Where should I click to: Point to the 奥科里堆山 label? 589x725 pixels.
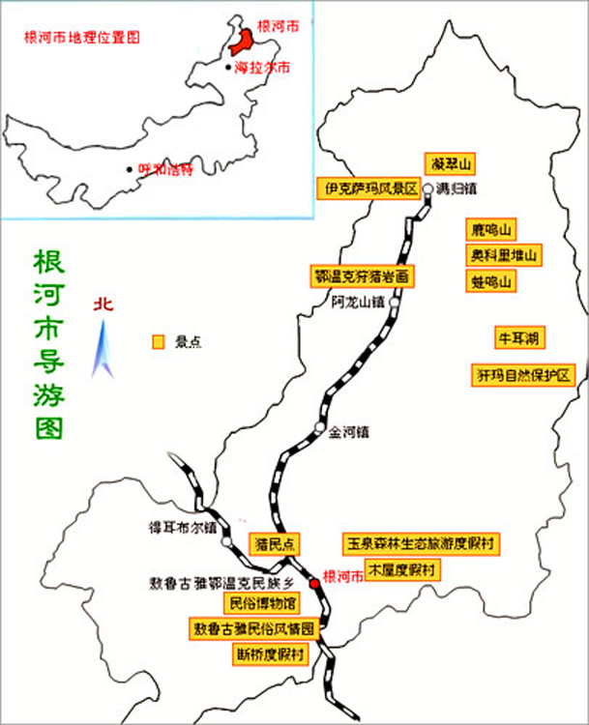tap(503, 255)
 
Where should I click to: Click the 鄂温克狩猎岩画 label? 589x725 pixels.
tap(363, 276)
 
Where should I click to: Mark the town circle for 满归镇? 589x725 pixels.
tap(427, 189)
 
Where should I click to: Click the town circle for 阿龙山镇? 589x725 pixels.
tap(394, 301)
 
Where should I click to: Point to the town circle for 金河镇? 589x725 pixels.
tap(320, 428)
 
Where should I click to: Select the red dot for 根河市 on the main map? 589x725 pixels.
tap(313, 584)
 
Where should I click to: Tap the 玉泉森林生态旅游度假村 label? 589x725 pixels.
tap(422, 543)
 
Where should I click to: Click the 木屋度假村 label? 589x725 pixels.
tap(401, 569)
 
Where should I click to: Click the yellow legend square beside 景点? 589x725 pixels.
tap(158, 342)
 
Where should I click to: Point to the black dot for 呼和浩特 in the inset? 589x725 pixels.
tap(131, 169)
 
